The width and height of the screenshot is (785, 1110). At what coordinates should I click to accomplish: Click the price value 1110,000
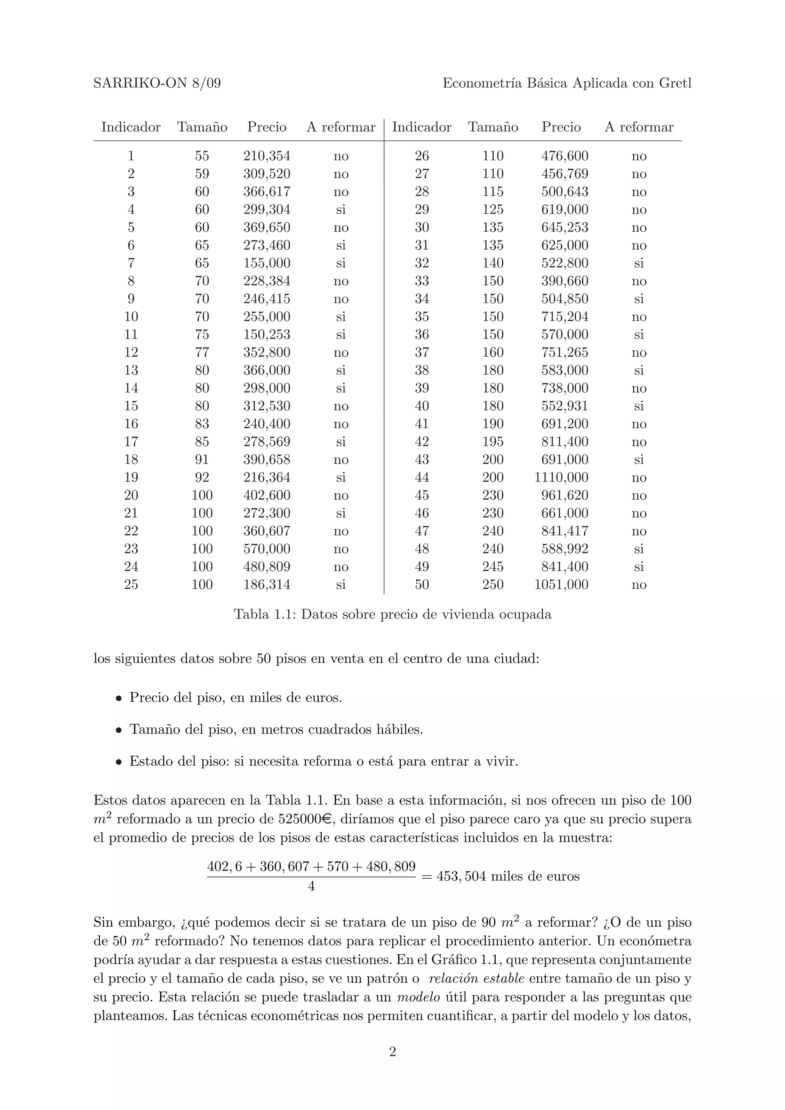tap(561, 478)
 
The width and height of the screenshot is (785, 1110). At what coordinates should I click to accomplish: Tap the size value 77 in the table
tap(202, 352)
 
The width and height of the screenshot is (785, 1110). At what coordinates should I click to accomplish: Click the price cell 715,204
tap(565, 317)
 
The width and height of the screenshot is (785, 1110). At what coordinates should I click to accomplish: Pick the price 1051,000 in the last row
tap(561, 585)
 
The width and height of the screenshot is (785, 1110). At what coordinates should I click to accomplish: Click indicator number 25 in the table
tap(131, 585)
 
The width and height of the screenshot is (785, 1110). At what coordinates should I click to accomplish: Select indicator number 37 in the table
tap(422, 352)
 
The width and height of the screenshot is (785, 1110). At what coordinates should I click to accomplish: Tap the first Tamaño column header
tap(202, 127)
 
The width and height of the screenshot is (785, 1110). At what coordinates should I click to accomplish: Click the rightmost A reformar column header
tap(639, 127)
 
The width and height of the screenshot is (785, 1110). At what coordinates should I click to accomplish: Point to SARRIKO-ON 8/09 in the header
tap(157, 83)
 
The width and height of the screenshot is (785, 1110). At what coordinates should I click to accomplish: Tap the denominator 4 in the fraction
tap(312, 886)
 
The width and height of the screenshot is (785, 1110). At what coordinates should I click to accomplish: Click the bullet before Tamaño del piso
tap(118, 730)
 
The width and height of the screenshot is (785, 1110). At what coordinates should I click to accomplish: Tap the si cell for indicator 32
tap(639, 264)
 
